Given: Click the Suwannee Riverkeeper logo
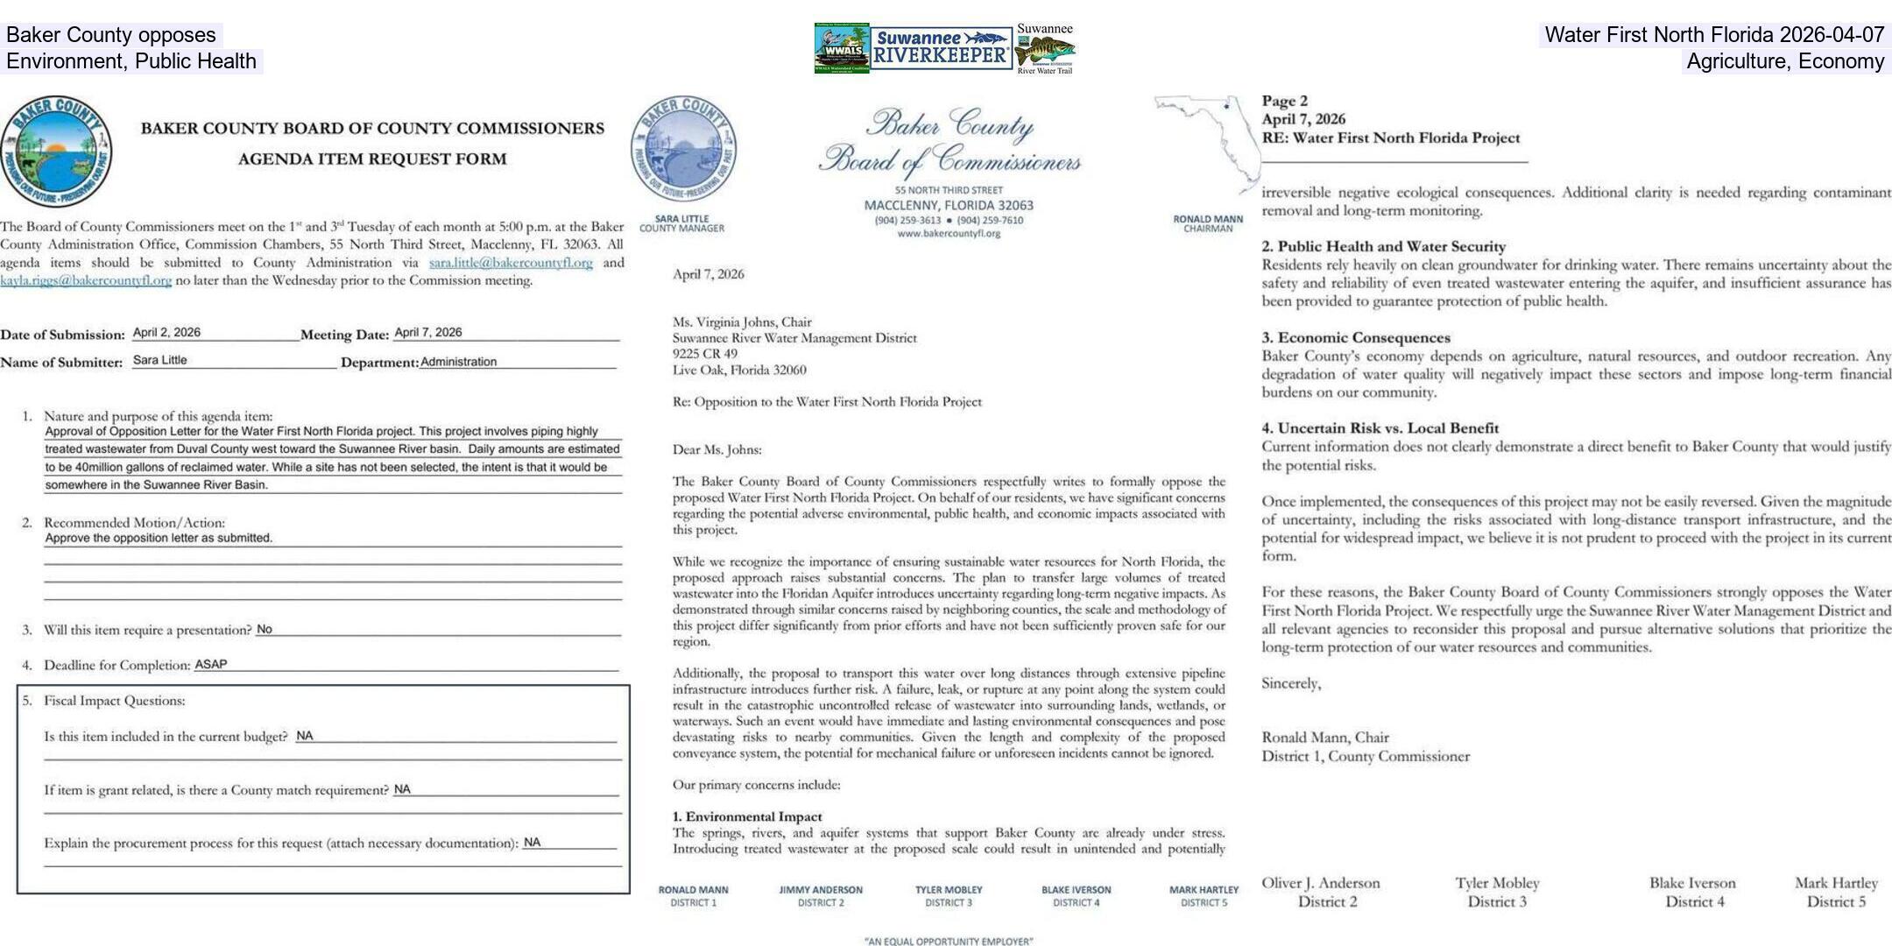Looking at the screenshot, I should pyautogui.click(x=941, y=48).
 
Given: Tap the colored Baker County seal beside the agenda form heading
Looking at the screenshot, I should pyautogui.click(x=56, y=152).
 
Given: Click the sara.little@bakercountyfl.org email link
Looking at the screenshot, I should pyautogui.click(x=510, y=263).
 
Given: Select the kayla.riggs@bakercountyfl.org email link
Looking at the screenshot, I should pyautogui.click(x=86, y=281).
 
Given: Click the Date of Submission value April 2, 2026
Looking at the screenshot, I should pyautogui.click(x=166, y=333).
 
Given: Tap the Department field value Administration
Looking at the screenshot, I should pyautogui.click(x=458, y=362).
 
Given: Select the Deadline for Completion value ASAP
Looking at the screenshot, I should pyautogui.click(x=210, y=665).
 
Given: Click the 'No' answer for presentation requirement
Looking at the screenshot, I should pyautogui.click(x=265, y=630).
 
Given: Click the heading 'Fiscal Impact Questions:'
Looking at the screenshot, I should pyautogui.click(x=114, y=701).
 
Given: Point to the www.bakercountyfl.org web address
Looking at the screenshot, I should pyautogui.click(x=949, y=234).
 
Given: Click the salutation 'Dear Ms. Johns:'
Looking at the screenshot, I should pyautogui.click(x=717, y=450).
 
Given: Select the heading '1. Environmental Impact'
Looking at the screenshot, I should pyautogui.click(x=747, y=816).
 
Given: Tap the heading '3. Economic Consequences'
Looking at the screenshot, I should pyautogui.click(x=1356, y=338).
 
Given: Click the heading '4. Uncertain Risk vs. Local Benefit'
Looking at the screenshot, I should pyautogui.click(x=1380, y=428).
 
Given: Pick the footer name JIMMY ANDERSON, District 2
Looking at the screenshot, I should pyautogui.click(x=821, y=895).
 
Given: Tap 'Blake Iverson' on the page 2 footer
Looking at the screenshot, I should pyautogui.click(x=1692, y=883).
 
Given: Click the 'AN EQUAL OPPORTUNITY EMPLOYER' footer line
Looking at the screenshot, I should pyautogui.click(x=949, y=942).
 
